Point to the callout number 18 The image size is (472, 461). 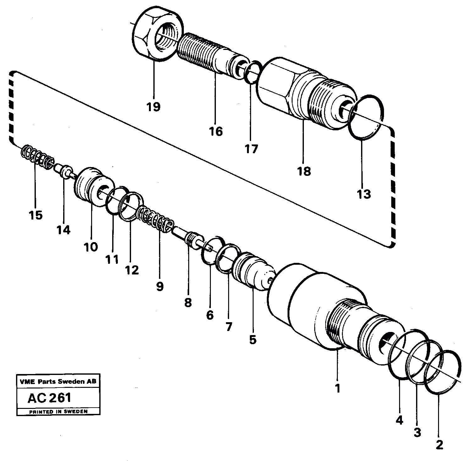pyautogui.click(x=304, y=171)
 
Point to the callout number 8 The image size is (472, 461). pyautogui.click(x=188, y=303)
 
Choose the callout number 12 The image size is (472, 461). pyautogui.click(x=132, y=269)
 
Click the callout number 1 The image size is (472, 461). pyautogui.click(x=338, y=388)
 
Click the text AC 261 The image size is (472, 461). pyautogui.click(x=50, y=398)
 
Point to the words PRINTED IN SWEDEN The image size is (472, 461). pyautogui.click(x=58, y=411)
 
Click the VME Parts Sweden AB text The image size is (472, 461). pyautogui.click(x=58, y=382)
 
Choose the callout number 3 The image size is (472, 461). pyautogui.click(x=417, y=432)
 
